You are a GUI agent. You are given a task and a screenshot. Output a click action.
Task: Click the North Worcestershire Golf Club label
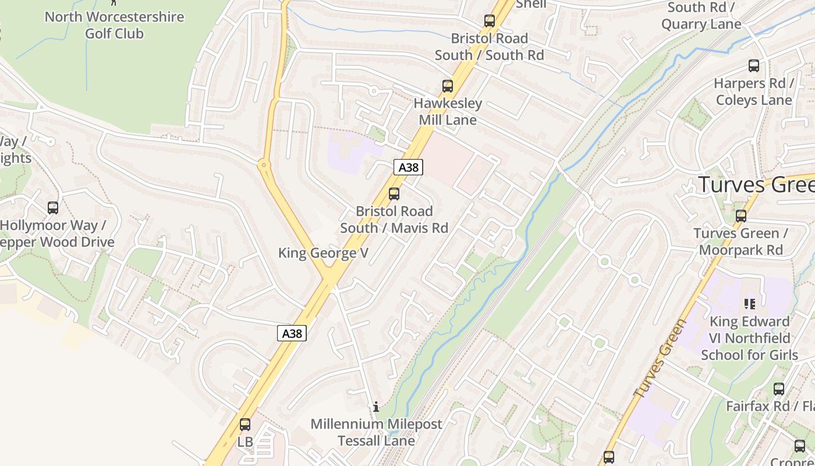[114, 25]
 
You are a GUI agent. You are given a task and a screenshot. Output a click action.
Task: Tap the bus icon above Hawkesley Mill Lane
[448, 86]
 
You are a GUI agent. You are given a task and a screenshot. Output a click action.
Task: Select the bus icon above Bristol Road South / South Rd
[490, 21]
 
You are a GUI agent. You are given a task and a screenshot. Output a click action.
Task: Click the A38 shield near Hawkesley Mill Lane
[408, 167]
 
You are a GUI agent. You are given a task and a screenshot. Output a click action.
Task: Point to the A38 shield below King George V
[292, 333]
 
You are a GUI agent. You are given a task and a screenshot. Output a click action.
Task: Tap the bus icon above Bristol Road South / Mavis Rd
[394, 194]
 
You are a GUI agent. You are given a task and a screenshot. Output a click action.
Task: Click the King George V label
[323, 253]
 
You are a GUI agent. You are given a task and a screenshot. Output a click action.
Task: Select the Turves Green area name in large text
[756, 185]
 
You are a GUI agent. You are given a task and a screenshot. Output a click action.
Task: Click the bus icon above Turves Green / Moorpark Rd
[741, 216]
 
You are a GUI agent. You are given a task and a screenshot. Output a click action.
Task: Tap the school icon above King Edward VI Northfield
[749, 303]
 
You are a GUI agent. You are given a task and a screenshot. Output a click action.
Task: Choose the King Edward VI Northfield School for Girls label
[749, 338]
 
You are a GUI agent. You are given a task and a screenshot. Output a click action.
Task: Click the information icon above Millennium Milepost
[377, 407]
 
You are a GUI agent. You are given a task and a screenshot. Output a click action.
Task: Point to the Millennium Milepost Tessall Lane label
[376, 432]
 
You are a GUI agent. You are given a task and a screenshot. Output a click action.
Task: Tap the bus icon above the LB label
[245, 424]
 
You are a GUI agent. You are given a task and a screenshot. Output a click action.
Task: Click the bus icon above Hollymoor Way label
[53, 208]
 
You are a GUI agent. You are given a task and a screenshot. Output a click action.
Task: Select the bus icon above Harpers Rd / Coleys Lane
[754, 66]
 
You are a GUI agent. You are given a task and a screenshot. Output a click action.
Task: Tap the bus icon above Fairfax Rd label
[779, 389]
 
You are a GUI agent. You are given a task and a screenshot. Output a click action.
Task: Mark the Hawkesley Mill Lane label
[448, 112]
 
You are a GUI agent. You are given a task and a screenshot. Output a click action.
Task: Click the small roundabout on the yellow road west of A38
[264, 165]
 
